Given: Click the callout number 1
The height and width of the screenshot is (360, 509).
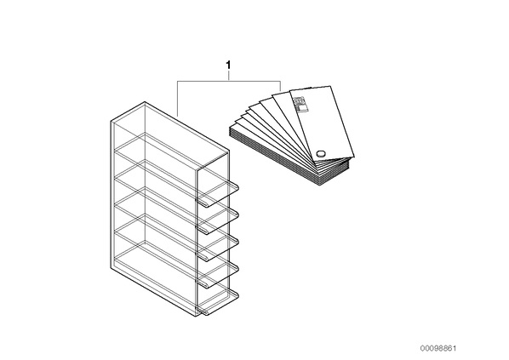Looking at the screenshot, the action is pyautogui.click(x=228, y=65).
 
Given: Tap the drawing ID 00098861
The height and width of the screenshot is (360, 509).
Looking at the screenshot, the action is pyautogui.click(x=438, y=348).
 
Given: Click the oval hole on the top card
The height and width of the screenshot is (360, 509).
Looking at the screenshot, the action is pyautogui.click(x=321, y=153).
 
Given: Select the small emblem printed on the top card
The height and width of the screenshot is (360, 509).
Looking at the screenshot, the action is pyautogui.click(x=300, y=104).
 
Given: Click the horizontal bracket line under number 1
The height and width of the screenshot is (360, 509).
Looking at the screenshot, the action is pyautogui.click(x=229, y=81).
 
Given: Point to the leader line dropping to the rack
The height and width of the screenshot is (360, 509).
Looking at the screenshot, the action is pyautogui.click(x=178, y=99).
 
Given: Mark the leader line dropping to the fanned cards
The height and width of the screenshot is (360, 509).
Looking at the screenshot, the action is pyautogui.click(x=281, y=86).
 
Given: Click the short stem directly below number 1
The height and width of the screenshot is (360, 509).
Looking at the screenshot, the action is pyautogui.click(x=229, y=75).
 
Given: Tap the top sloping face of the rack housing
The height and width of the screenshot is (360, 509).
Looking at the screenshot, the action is pyautogui.click(x=170, y=135).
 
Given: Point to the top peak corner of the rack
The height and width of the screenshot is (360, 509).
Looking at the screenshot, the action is pyautogui.click(x=145, y=102).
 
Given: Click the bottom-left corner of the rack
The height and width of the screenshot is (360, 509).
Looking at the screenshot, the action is pyautogui.click(x=111, y=268).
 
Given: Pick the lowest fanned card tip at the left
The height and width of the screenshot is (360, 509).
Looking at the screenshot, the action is pyautogui.click(x=232, y=129).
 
